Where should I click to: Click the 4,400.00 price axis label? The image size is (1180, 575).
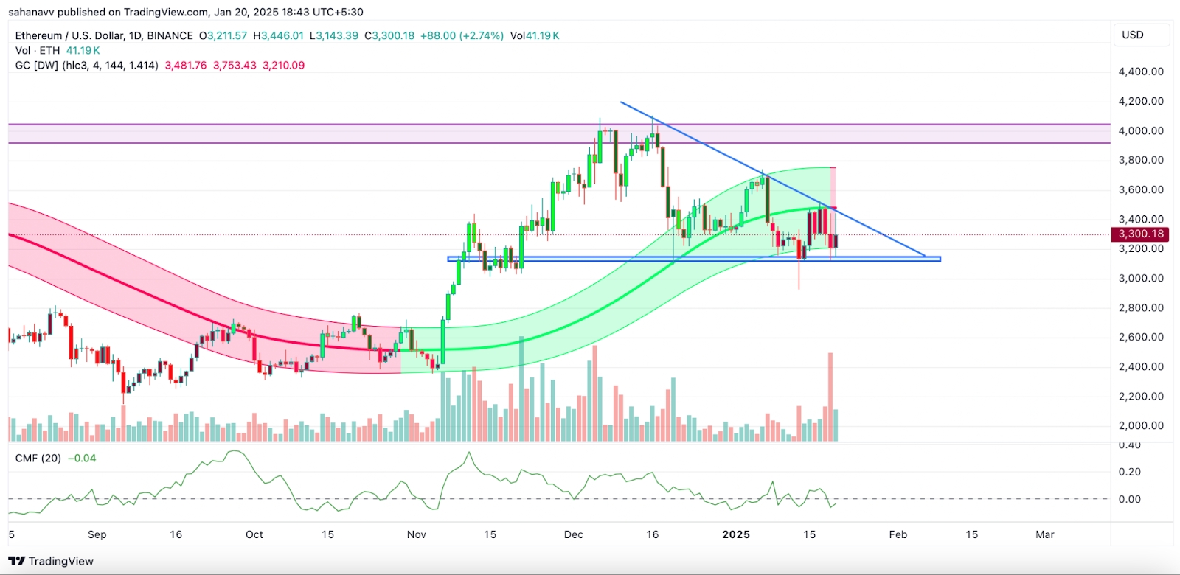(1141, 72)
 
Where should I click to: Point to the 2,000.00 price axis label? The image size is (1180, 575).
(1141, 425)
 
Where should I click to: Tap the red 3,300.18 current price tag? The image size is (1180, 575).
(1141, 234)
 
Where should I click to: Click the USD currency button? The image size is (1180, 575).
(1133, 35)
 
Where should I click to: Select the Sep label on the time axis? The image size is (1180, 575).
(97, 534)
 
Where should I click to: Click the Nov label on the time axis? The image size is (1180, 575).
(417, 534)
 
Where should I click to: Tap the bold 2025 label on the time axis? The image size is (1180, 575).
(736, 534)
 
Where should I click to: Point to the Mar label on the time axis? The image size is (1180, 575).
(1045, 534)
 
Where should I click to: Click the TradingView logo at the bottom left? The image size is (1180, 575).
(52, 561)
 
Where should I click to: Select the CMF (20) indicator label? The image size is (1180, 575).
(38, 458)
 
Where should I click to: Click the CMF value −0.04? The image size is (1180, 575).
(82, 458)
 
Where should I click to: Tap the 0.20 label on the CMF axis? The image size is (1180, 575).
(1130, 472)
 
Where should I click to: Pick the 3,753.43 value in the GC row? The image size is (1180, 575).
(235, 65)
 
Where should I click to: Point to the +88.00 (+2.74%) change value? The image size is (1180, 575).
(462, 35)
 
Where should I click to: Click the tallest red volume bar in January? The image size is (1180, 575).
(830, 397)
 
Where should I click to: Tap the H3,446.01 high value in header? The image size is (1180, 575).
(279, 35)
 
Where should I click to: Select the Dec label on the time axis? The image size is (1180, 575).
(574, 534)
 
